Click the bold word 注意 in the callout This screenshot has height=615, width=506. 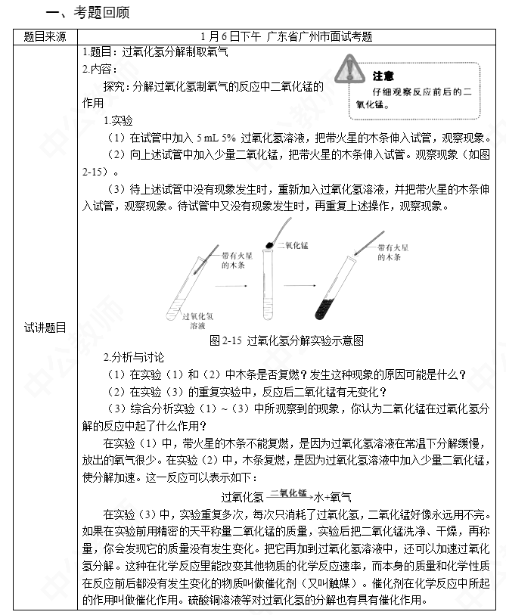(383, 76)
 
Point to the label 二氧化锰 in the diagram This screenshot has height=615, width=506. (293, 246)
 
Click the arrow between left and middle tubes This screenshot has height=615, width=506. (232, 287)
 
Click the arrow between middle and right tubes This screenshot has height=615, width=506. (299, 287)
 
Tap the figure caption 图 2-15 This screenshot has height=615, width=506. (286, 340)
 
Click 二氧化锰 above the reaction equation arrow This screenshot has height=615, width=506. (287, 492)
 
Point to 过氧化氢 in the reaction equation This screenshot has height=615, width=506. (242, 497)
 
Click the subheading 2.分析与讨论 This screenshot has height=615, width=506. (133, 357)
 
